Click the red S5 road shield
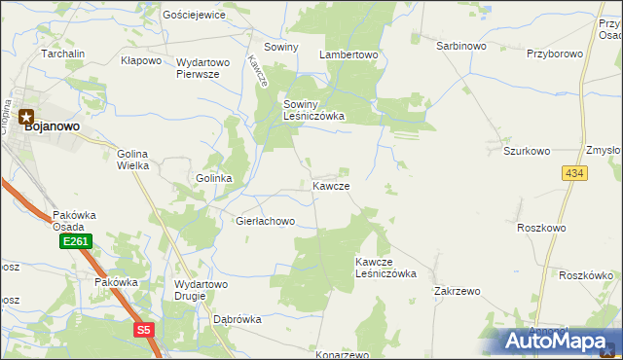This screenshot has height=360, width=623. click(144, 330)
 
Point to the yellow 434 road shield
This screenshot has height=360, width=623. click(573, 172)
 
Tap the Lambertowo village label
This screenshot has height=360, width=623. click(348, 55)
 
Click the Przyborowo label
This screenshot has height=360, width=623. click(554, 54)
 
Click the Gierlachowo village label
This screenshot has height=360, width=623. click(265, 221)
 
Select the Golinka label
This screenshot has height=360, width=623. click(213, 179)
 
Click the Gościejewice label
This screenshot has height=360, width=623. click(195, 15)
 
